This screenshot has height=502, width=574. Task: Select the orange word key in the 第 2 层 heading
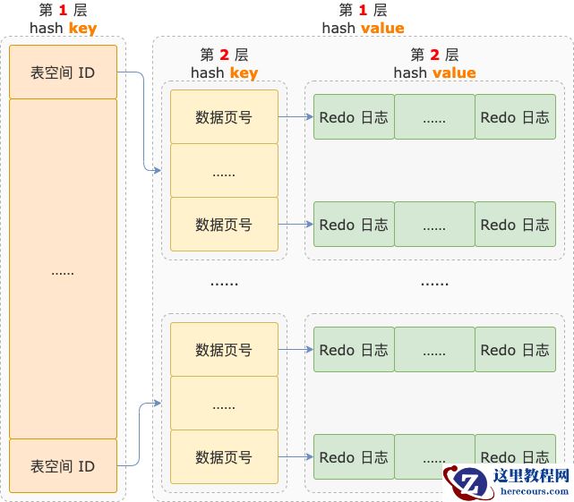pyautogui.click(x=244, y=73)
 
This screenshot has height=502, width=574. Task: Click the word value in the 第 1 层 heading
pyautogui.click(x=383, y=28)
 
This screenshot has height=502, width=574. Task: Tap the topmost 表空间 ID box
pyautogui.click(x=63, y=72)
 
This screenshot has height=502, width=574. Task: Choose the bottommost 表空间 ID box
pyautogui.click(x=63, y=465)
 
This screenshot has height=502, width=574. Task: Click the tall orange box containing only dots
pyautogui.click(x=63, y=268)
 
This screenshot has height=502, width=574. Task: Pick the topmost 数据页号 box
pyautogui.click(x=224, y=116)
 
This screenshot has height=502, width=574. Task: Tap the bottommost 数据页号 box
pyautogui.click(x=224, y=456)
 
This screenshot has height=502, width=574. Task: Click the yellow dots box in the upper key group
pyautogui.click(x=224, y=171)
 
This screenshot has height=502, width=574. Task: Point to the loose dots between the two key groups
pyautogui.click(x=224, y=283)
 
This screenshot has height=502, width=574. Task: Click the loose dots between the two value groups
pyautogui.click(x=434, y=283)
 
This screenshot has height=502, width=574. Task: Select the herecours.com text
pyautogui.click(x=534, y=491)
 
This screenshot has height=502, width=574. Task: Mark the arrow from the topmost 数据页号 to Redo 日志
pyautogui.click(x=296, y=116)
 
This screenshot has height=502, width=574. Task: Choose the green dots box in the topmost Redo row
pyautogui.click(x=434, y=116)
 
